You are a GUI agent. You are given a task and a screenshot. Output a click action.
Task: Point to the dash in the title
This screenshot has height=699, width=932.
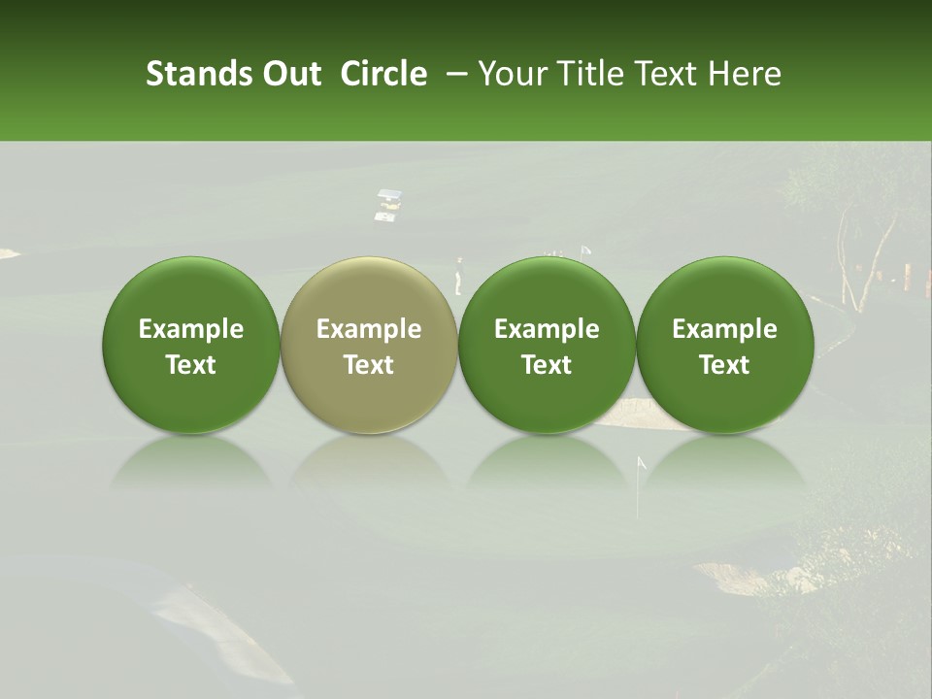click(x=452, y=74)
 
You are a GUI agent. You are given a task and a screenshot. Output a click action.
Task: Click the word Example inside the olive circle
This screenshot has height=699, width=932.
click(x=369, y=329)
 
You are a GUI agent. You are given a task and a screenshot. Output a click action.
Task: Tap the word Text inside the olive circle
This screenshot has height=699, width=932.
click(x=369, y=365)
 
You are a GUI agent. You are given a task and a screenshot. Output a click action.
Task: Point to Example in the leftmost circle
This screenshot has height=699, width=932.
click(x=190, y=329)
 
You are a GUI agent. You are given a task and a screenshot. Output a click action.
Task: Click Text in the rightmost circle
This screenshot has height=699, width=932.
click(x=724, y=365)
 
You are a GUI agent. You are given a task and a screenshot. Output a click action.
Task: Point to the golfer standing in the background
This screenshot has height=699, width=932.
click(x=459, y=276)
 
